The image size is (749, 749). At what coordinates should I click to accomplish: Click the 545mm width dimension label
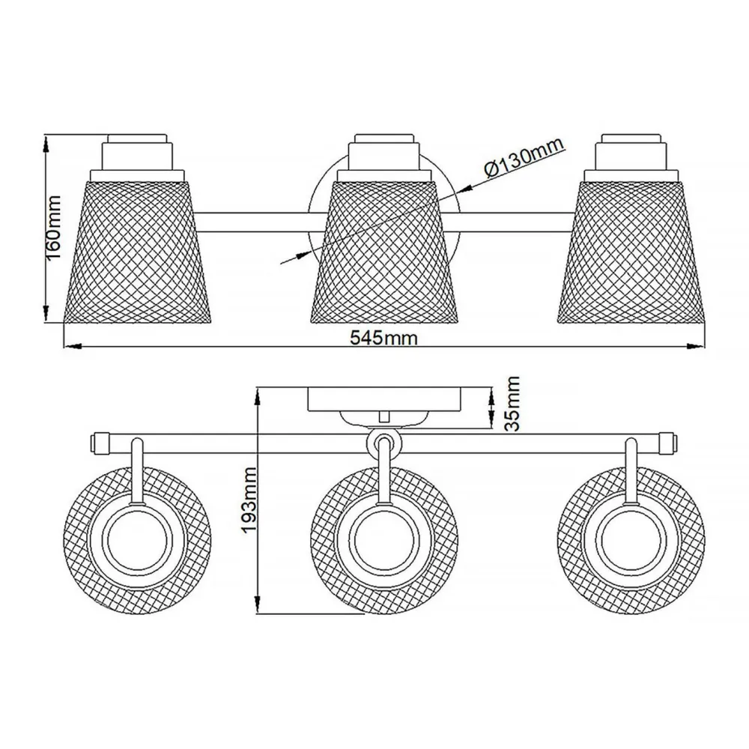[383, 338]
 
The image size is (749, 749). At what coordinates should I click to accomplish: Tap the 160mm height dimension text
[53, 228]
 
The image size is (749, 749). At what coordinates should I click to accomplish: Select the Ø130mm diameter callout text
[524, 157]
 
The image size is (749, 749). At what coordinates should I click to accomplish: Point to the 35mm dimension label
[512, 404]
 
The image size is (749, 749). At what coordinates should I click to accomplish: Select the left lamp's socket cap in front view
[137, 153]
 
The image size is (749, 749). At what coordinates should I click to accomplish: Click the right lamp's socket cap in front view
[631, 153]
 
